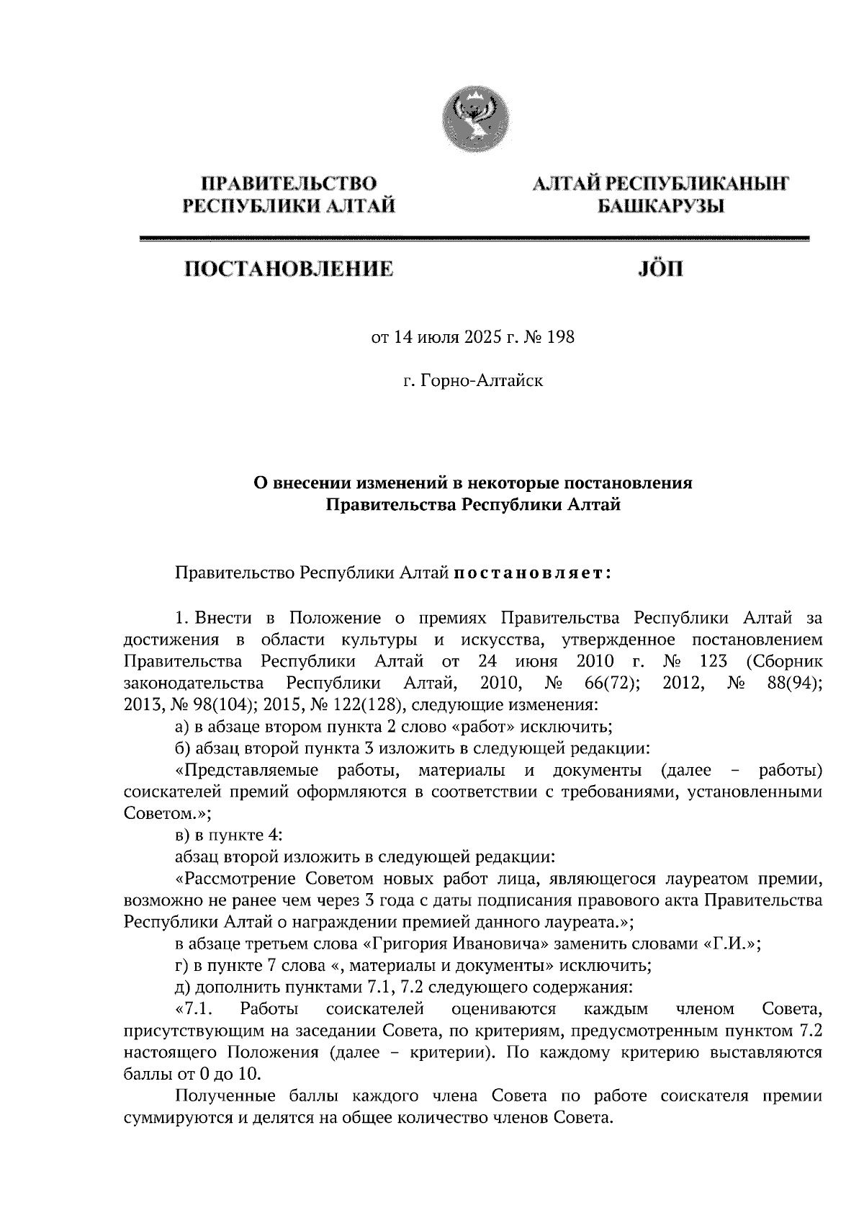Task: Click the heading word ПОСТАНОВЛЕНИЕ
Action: click(x=289, y=269)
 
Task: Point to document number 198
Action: click(x=561, y=337)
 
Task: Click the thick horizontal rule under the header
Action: click(x=474, y=239)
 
